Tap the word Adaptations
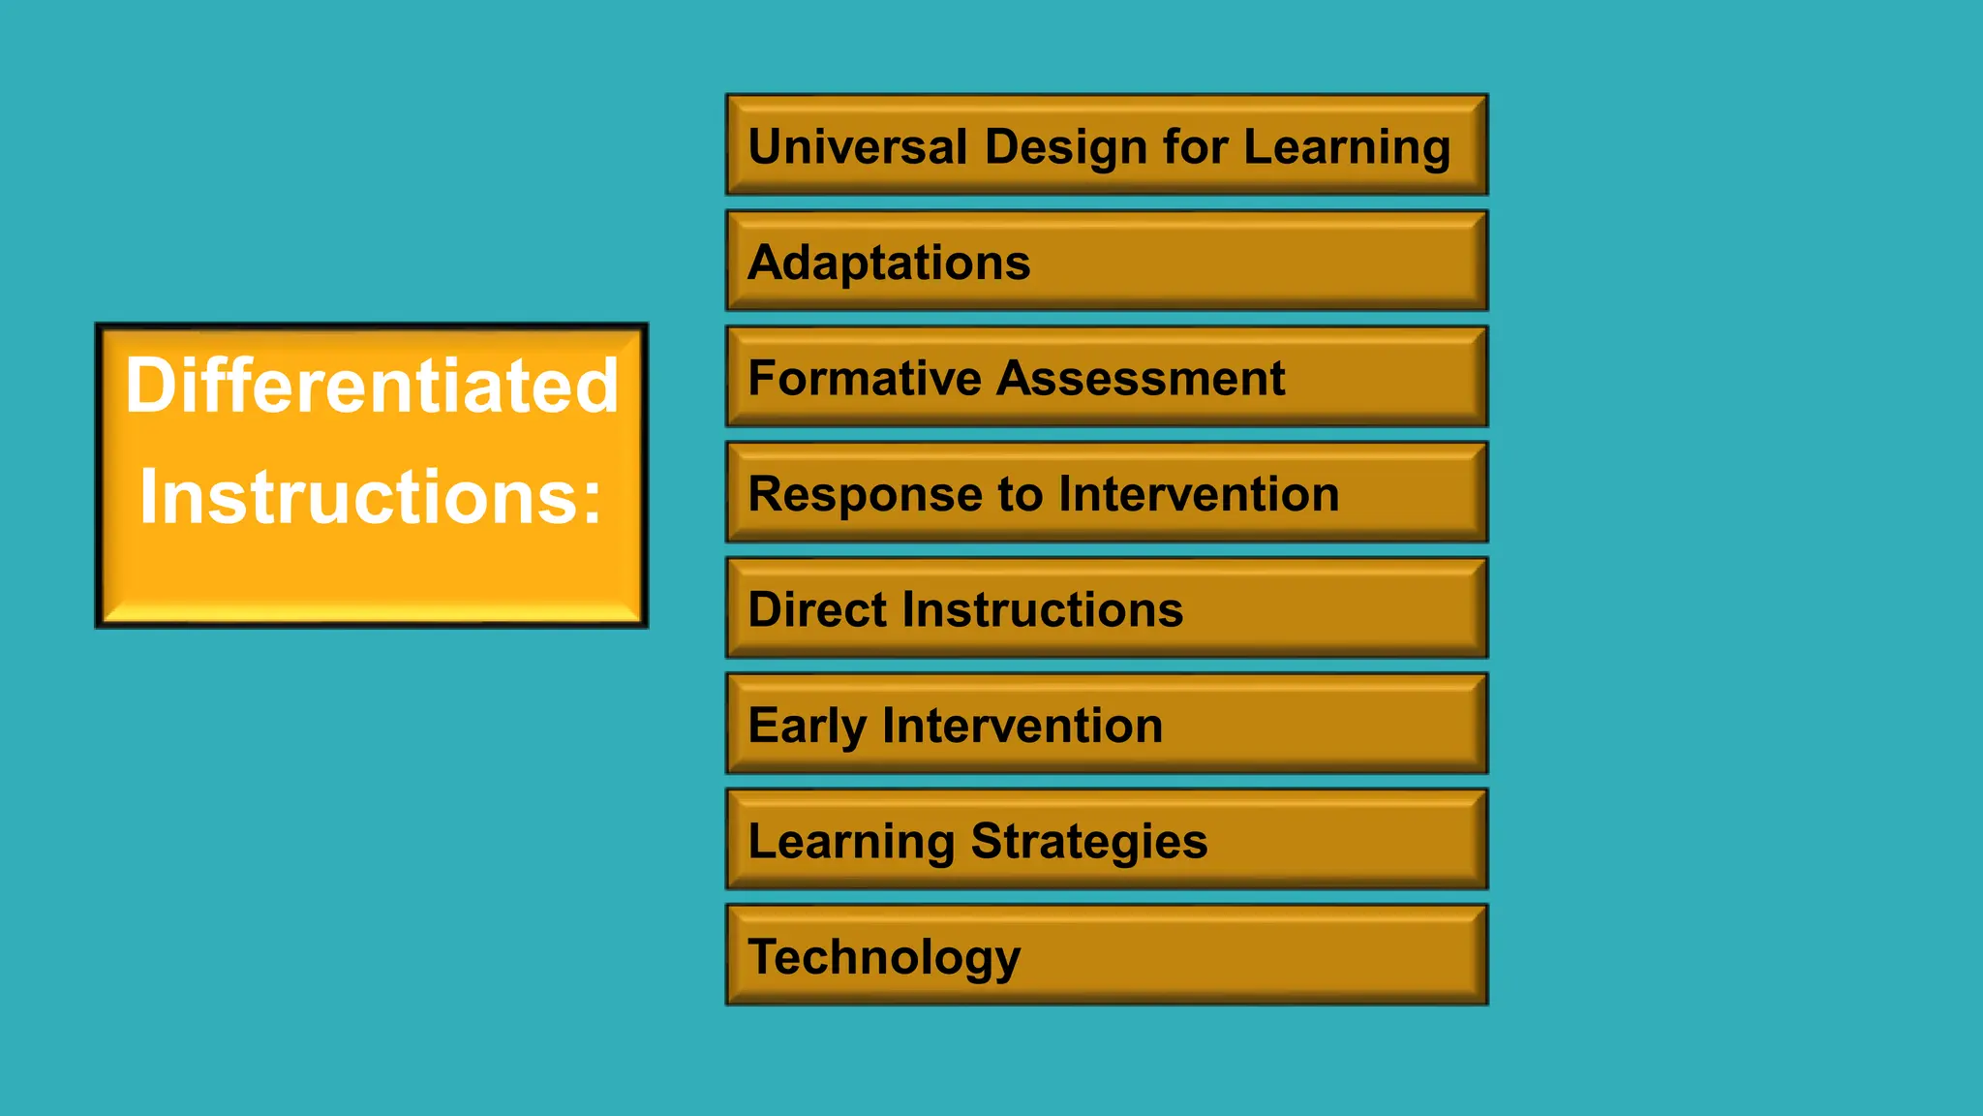tap(889, 263)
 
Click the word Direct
tap(817, 609)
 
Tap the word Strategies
tap(1089, 841)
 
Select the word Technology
tap(884, 957)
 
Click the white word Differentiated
tap(372, 386)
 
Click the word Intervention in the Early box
tap(1022, 726)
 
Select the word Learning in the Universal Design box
tap(1347, 147)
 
